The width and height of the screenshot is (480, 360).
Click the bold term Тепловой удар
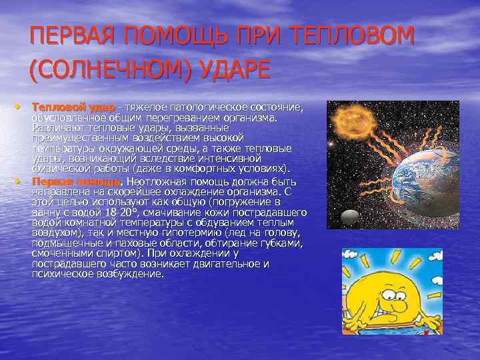pyautogui.click(x=73, y=107)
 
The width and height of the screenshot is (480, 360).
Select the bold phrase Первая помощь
pyautogui.click(x=76, y=181)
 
